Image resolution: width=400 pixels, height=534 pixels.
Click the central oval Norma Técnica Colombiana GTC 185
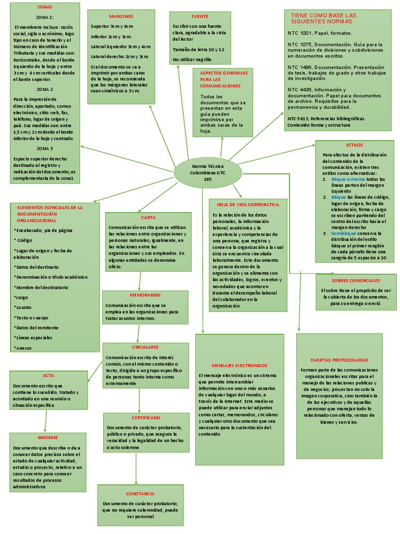(x=208, y=173)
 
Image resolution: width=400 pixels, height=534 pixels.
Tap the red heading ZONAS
(x=45, y=7)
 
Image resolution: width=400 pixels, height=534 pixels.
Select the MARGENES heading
(x=121, y=16)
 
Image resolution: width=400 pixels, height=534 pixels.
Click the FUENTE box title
(x=199, y=16)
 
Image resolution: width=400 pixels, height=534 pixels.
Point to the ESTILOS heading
(x=354, y=145)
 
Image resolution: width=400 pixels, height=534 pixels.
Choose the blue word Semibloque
(x=344, y=234)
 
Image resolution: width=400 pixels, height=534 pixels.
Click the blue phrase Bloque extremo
(x=348, y=179)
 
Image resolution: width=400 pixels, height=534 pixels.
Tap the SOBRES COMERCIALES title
(x=356, y=281)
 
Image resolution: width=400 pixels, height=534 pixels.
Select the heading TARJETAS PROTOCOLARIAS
(x=339, y=360)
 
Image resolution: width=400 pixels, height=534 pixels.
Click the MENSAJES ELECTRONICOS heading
(x=240, y=366)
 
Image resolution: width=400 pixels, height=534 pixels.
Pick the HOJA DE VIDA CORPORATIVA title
(x=248, y=204)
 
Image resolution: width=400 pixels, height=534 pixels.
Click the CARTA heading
(x=148, y=217)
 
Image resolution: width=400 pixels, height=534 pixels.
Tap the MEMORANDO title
(x=145, y=295)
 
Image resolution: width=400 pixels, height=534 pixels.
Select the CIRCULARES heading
(x=145, y=347)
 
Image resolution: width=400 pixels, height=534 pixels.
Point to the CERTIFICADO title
(x=146, y=418)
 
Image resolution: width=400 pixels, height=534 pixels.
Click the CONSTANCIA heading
(x=140, y=494)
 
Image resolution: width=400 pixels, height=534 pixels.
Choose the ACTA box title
(x=48, y=375)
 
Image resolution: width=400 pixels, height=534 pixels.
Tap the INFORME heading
(x=47, y=438)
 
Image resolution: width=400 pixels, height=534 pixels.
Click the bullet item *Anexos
(x=23, y=348)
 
